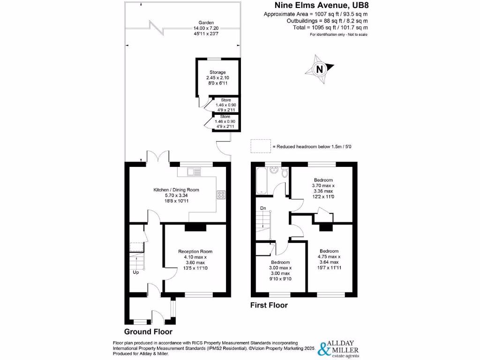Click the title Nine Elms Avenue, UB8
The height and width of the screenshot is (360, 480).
click(320, 6)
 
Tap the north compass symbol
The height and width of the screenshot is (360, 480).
click(320, 69)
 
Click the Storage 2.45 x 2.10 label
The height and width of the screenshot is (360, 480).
click(217, 77)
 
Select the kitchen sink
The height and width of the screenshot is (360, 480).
click(193, 172)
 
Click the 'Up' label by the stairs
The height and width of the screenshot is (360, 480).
click(136, 272)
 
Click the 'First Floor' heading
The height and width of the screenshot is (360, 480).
click(269, 305)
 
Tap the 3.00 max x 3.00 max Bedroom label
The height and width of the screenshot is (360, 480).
click(280, 270)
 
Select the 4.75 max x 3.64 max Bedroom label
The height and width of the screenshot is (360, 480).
click(329, 259)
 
